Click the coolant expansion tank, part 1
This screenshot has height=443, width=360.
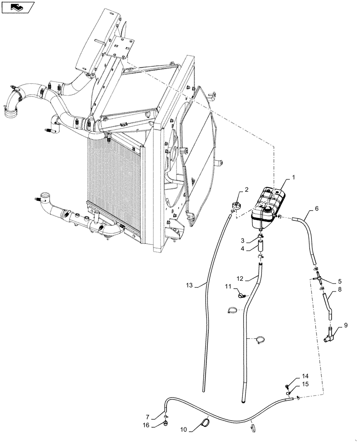click(x=268, y=206)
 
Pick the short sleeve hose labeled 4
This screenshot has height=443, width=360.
click(x=261, y=247)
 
